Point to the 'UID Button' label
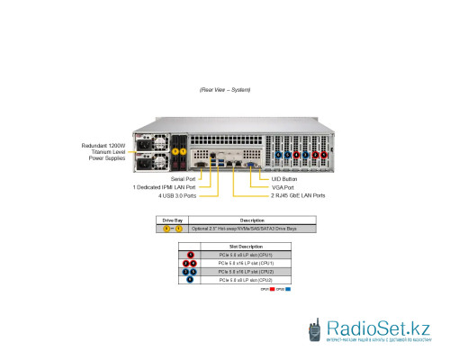point(284,179)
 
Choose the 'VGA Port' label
point(283,187)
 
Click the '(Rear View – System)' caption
point(225,90)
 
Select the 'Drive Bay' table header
point(171,220)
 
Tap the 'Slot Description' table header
point(246,247)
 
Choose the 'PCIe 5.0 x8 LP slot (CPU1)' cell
point(244,255)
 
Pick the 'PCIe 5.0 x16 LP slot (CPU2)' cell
point(246,272)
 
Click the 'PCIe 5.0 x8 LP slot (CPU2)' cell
point(244,280)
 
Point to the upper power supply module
point(149,144)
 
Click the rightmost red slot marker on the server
point(324,154)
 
